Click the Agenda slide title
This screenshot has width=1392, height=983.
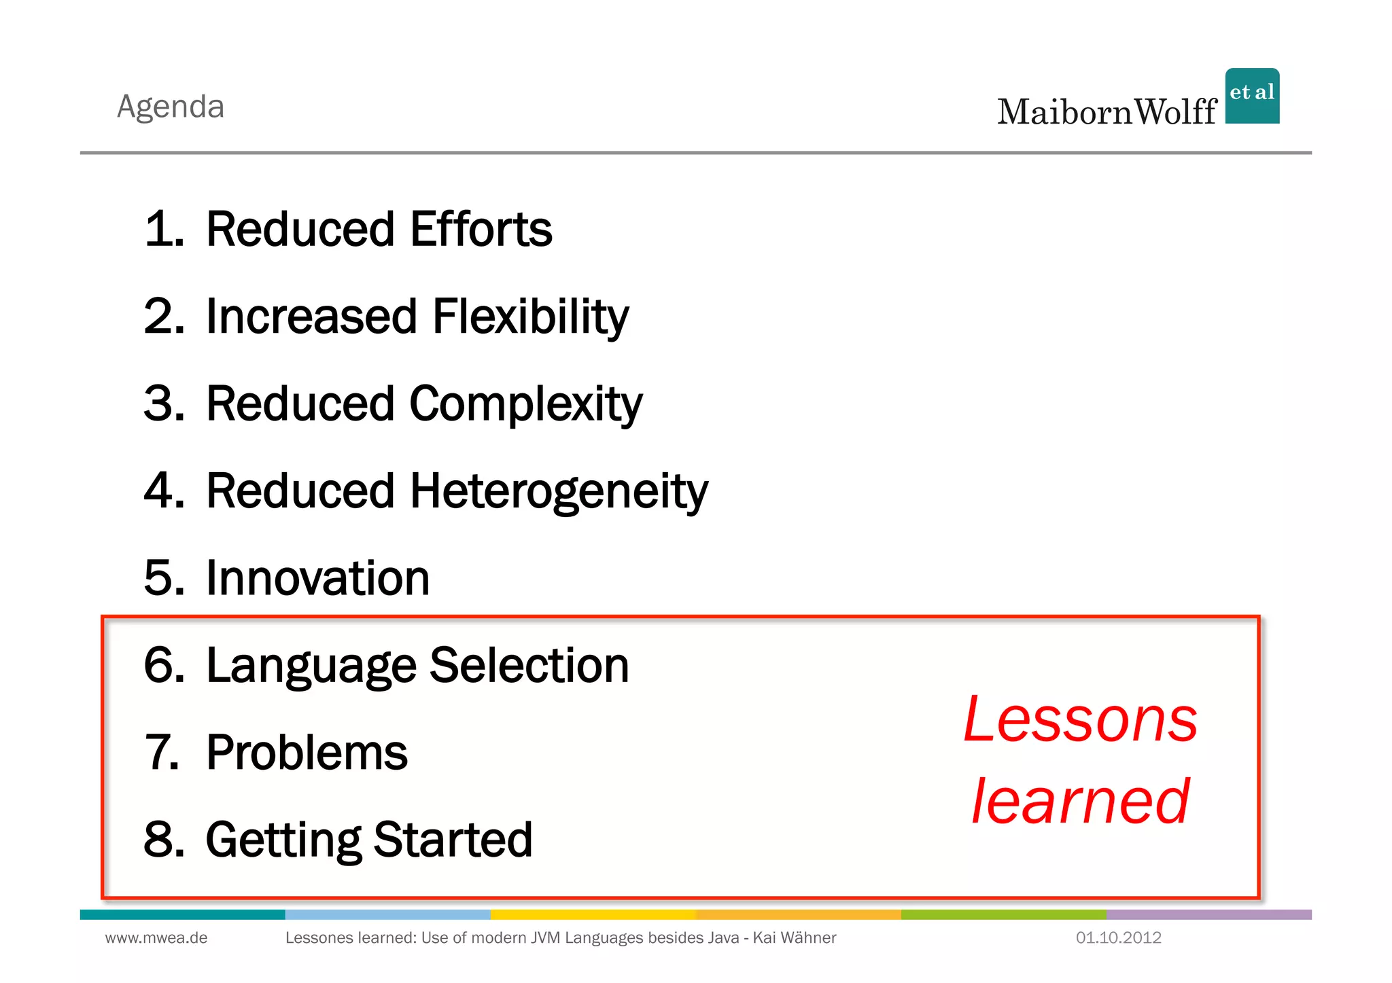click(171, 107)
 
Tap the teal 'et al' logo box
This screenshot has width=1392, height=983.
click(1252, 96)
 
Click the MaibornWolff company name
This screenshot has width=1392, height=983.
click(1107, 112)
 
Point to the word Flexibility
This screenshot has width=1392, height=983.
click(530, 317)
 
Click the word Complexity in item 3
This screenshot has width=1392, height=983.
click(525, 404)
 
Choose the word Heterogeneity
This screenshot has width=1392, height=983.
click(559, 490)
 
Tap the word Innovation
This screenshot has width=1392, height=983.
click(317, 578)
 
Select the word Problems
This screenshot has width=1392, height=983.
click(307, 753)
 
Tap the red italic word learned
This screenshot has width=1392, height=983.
click(1080, 802)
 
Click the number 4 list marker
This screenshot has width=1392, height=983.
click(164, 490)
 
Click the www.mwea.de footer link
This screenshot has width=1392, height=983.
click(156, 938)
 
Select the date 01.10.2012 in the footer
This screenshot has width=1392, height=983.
click(1118, 938)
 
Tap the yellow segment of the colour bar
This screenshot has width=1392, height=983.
click(593, 914)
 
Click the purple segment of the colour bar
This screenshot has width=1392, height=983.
click(1208, 914)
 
